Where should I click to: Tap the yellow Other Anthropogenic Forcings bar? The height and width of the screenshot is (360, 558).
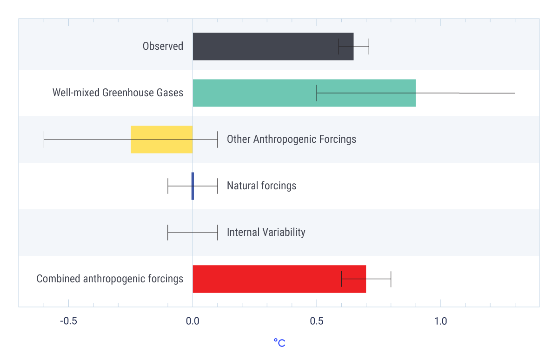pos(161,140)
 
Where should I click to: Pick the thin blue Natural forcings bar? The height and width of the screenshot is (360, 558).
pos(193,186)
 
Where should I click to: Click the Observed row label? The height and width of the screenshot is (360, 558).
pos(163,47)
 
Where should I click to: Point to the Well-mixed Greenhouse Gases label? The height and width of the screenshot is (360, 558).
pos(118,93)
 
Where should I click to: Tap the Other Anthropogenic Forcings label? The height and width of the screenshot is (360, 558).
pos(291,140)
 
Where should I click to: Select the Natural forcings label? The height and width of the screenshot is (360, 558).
pos(261,186)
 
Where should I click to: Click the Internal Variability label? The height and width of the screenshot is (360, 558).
pos(266,233)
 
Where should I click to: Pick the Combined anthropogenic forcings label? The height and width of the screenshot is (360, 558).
pos(110,279)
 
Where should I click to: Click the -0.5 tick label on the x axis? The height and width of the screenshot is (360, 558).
pos(68,321)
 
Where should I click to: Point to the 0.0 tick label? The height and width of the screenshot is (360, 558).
pos(193,321)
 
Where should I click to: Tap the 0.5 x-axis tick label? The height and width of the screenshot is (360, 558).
pos(317,321)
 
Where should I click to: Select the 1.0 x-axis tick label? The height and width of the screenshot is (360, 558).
pos(440,321)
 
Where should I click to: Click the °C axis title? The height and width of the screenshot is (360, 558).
pos(279,343)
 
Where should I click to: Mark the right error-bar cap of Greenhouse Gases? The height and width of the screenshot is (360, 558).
pos(515,93)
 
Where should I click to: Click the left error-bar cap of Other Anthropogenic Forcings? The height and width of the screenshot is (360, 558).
pos(44,140)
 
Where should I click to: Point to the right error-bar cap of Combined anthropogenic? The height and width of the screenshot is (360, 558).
pos(391,279)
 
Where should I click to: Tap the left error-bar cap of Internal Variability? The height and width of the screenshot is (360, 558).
pos(168,233)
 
